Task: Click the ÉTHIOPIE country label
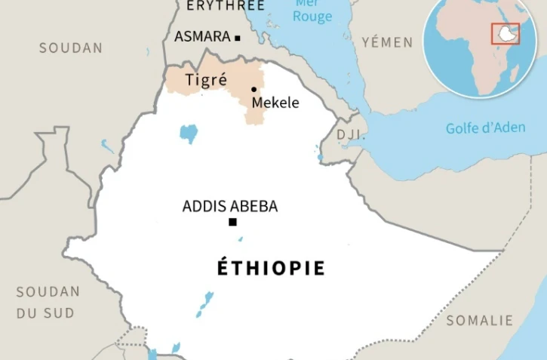271,268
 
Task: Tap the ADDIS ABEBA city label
230,206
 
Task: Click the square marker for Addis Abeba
232,222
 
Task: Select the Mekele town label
275,103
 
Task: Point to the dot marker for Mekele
254,89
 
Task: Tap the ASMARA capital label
202,36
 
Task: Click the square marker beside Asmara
238,37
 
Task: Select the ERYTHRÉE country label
226,6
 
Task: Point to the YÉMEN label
387,42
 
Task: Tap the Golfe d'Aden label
485,128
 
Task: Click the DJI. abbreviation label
350,134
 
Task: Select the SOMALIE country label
480,321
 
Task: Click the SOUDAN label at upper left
71,48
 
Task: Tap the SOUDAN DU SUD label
48,302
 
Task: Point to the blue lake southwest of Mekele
189,134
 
